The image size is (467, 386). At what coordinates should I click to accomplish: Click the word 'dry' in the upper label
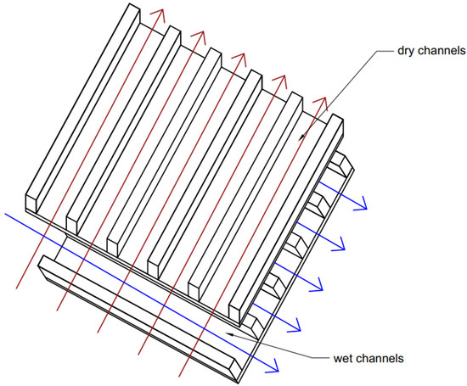(x=404, y=51)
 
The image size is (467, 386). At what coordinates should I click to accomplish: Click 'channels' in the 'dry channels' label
(x=440, y=50)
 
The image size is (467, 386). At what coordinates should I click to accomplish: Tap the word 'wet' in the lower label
(x=343, y=358)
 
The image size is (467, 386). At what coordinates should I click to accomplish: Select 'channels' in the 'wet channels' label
(x=380, y=358)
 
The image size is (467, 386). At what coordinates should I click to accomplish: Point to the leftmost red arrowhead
(x=159, y=15)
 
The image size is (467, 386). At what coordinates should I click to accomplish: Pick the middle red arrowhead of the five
(x=240, y=59)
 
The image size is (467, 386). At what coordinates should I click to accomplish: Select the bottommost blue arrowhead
(x=271, y=366)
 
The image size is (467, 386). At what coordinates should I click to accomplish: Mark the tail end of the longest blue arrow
(x=5, y=214)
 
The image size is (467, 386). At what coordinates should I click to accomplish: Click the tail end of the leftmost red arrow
(x=16, y=288)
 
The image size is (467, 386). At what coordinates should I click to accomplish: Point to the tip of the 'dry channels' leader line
(x=301, y=139)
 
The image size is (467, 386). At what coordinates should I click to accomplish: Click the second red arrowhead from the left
(x=200, y=37)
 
